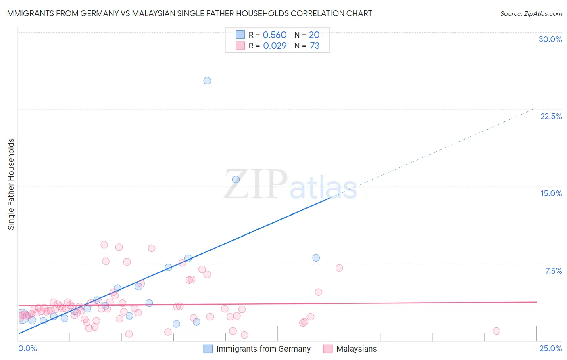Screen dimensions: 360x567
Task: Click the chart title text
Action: (188, 13)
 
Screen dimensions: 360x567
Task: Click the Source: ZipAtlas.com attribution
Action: (531, 13)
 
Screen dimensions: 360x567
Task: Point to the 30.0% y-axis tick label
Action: (550, 39)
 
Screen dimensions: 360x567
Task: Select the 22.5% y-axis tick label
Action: (551, 116)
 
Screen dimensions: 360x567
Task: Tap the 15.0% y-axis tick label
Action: (551, 193)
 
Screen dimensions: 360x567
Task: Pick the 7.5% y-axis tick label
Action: (553, 271)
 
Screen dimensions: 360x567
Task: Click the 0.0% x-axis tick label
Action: (27, 348)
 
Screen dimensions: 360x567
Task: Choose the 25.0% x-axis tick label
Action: (550, 348)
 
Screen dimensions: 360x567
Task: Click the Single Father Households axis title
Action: (11, 184)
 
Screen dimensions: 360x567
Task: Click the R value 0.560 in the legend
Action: (274, 35)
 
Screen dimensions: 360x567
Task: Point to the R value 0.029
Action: (275, 46)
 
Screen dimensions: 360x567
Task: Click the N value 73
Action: (315, 46)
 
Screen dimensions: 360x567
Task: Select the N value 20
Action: (314, 35)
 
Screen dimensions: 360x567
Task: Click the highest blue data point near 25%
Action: (207, 81)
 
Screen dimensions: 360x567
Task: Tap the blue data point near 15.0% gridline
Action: (236, 180)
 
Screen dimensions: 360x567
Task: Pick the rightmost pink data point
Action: (496, 331)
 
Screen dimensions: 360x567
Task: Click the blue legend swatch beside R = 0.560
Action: (240, 35)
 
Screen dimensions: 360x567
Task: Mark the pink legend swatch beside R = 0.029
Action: (240, 46)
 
